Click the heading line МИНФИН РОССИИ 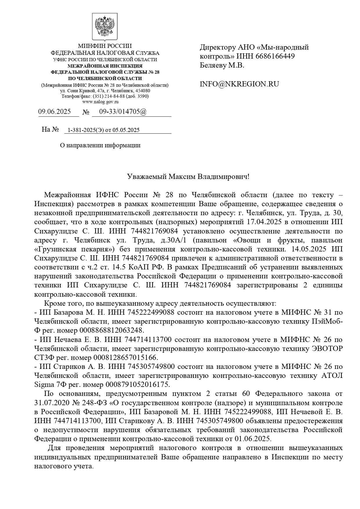(105, 46)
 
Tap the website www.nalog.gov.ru (100, 102)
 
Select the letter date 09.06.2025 (55, 112)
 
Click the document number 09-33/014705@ (123, 112)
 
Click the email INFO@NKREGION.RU (239, 84)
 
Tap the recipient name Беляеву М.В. (222, 65)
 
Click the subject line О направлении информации (100, 145)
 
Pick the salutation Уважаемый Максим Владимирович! (188, 177)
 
